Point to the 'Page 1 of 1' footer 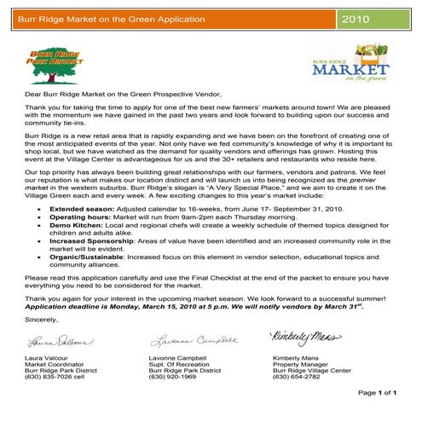pos(379,415)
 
